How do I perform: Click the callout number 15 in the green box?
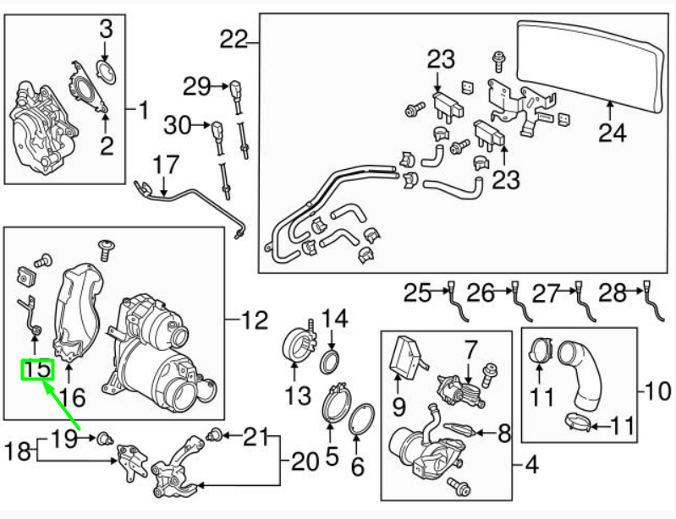click(37, 369)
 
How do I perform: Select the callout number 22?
click(237, 39)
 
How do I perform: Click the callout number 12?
click(251, 320)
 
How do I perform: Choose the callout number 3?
click(106, 30)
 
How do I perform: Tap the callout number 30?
click(179, 126)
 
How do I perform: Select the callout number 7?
click(470, 347)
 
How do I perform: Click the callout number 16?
click(72, 396)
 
